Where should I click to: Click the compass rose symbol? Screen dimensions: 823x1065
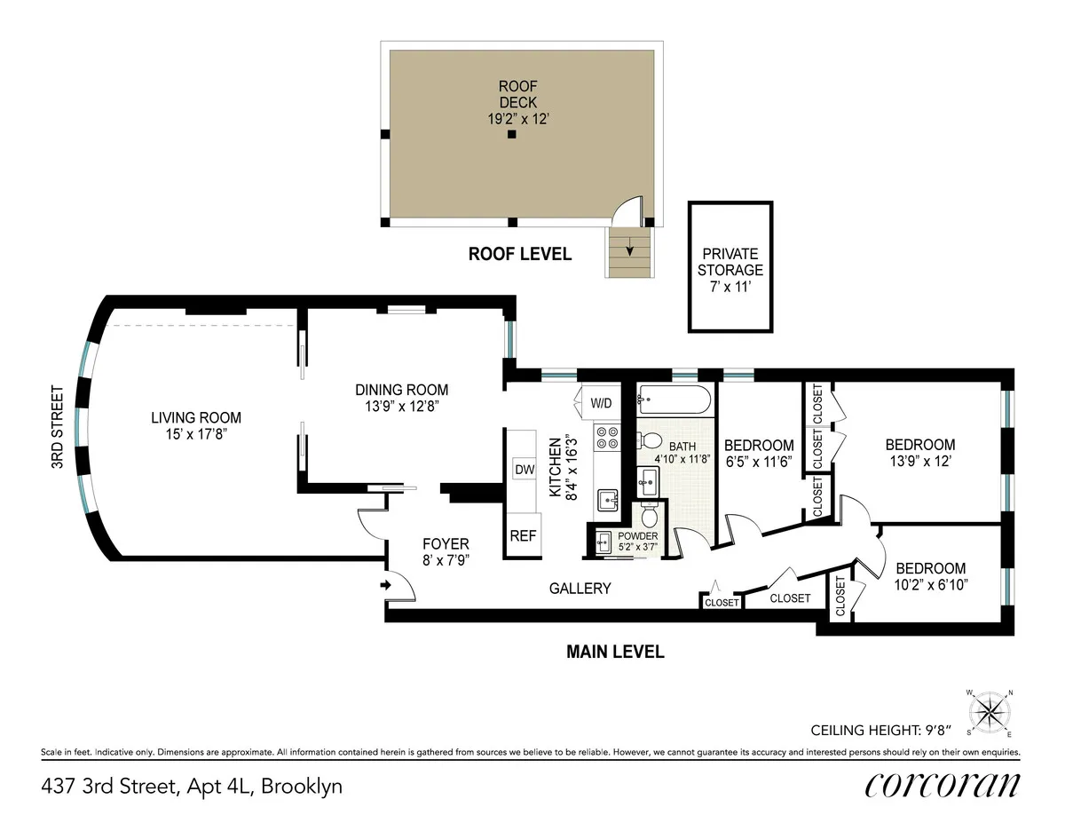(990, 711)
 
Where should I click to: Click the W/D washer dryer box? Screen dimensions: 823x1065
(601, 403)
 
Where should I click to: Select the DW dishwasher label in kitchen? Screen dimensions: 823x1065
(523, 469)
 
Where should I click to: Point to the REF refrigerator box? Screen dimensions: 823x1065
(522, 536)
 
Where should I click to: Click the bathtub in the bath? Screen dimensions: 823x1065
(675, 401)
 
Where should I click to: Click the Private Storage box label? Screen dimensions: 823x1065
(730, 262)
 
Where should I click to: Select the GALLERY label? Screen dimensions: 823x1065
(580, 588)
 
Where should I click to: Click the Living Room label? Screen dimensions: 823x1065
(195, 418)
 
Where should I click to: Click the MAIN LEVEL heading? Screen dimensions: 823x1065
(615, 653)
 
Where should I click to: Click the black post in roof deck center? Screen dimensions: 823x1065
(511, 135)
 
